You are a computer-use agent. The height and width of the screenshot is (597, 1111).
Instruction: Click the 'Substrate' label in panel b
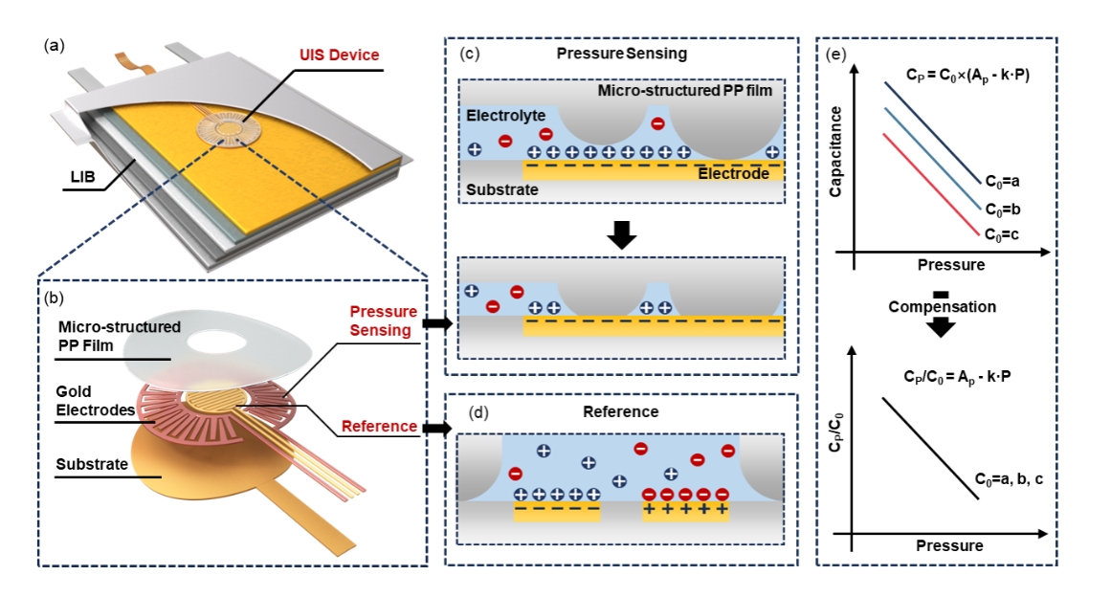tap(91, 464)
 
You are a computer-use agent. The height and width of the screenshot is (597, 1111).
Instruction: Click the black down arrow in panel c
tap(621, 234)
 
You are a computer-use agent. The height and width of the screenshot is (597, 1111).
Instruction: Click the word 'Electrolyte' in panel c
tap(500, 116)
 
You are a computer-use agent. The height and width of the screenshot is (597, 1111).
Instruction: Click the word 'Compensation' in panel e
tap(943, 307)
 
